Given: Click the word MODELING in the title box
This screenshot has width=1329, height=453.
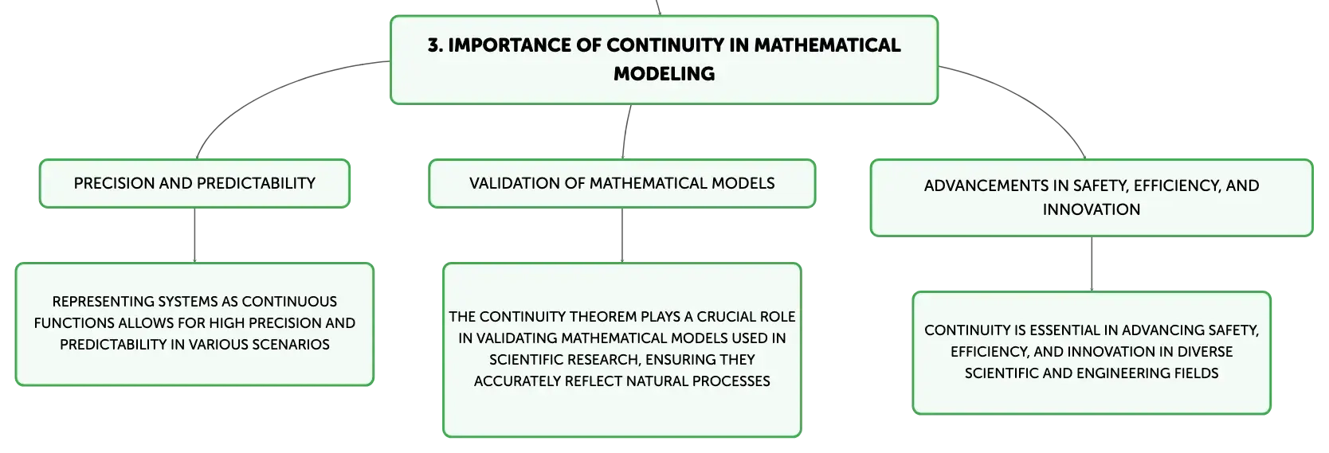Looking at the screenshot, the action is [x=664, y=73].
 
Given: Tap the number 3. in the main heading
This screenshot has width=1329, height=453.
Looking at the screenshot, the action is [x=435, y=45].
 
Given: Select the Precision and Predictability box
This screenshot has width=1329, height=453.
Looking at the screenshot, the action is [x=194, y=183].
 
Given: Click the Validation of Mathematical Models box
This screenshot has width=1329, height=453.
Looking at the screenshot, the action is [x=621, y=183].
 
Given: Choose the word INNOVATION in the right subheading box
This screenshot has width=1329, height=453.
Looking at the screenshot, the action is [x=1091, y=209].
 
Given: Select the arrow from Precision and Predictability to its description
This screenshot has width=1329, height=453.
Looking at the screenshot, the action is [x=194, y=235].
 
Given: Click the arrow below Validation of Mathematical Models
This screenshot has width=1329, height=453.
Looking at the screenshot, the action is [x=621, y=235].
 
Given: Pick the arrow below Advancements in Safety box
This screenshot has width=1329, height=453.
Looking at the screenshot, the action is [x=1092, y=264].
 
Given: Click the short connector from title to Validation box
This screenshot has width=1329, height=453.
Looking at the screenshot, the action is [x=625, y=131].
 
